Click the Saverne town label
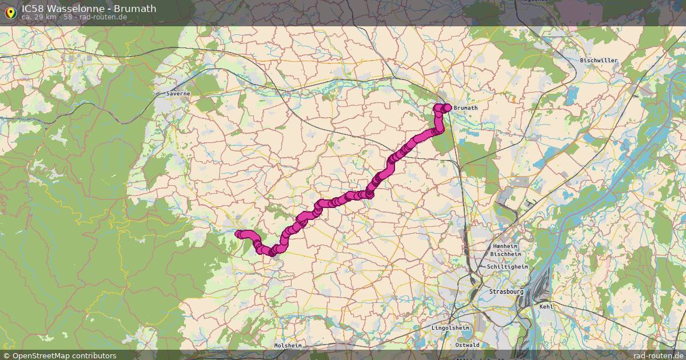tap(178, 93)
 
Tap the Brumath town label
tap(465, 107)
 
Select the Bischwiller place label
tap(599, 60)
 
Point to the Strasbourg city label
tap(506, 291)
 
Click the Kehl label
tap(546, 306)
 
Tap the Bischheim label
tap(505, 254)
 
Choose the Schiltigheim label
tap(508, 267)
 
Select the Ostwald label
tap(468, 345)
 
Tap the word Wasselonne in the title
tap(71, 9)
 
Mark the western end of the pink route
tap(238, 233)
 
